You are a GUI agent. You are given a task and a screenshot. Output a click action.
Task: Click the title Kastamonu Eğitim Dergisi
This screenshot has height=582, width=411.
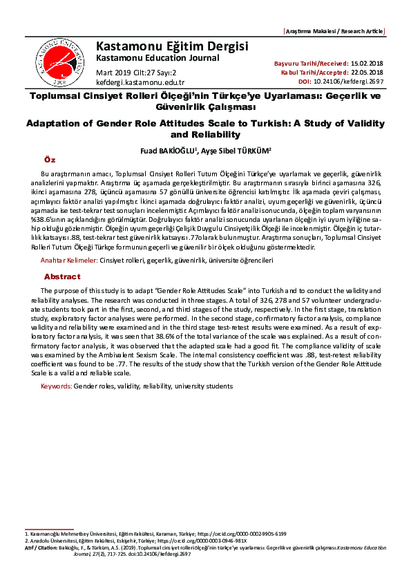[172, 46]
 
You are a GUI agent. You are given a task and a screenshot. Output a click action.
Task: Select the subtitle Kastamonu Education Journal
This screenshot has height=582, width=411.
[157, 57]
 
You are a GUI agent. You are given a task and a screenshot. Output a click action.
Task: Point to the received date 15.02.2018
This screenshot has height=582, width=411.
[369, 63]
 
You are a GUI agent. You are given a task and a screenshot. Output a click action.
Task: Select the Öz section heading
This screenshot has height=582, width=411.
[49, 159]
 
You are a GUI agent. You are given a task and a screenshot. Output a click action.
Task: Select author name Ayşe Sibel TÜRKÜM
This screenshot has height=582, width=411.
[232, 149]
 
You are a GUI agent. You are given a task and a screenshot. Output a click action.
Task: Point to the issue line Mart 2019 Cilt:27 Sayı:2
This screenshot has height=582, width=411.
[136, 72]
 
